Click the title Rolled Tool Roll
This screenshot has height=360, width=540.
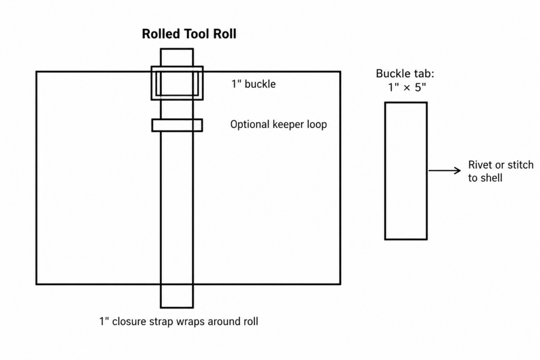pos(189,34)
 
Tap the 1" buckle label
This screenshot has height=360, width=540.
pos(254,84)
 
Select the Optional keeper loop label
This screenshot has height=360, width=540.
pos(278,124)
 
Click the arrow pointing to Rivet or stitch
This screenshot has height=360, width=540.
pos(444,170)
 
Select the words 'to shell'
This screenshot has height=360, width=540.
pos(485,178)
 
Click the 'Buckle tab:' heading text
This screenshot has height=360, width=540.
pos(405,73)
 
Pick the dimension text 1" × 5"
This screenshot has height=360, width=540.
pos(407,87)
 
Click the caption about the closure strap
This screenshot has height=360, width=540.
pos(179,322)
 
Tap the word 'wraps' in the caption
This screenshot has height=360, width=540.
pos(191,322)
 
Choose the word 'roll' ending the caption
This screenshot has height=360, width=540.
pos(251,322)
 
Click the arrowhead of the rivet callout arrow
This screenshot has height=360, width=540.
pos(458,170)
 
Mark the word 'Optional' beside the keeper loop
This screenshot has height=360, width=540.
pos(250,124)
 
